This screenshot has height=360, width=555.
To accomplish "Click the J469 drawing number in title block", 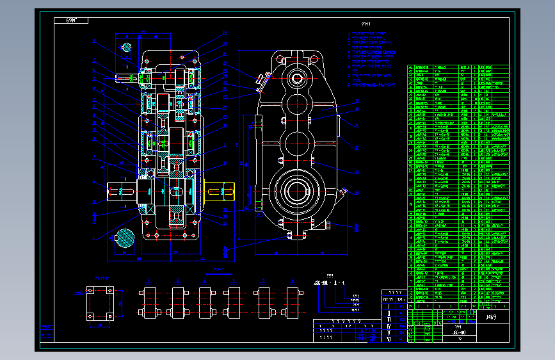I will [x=490, y=317].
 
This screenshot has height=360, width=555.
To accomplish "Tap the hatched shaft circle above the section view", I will [x=127, y=47].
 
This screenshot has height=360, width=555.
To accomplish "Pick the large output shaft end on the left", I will [x=122, y=191].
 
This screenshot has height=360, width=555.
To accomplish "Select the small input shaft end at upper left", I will [x=124, y=78].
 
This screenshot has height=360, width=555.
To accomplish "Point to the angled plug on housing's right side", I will [x=344, y=191].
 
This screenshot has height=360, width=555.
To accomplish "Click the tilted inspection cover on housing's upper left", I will [x=260, y=81].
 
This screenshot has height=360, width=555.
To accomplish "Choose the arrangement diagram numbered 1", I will [x=150, y=302].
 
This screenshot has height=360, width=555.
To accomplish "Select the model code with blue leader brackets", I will [x=329, y=282].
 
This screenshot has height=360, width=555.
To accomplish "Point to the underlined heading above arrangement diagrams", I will [x=218, y=274].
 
